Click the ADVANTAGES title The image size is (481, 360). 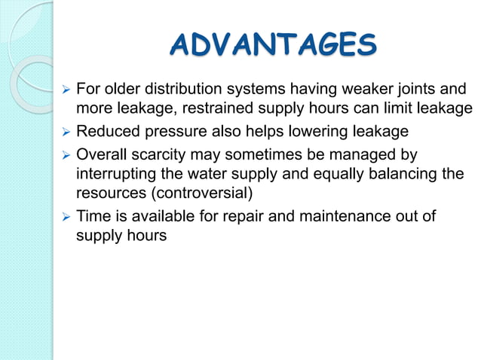273,45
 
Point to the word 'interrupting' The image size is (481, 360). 112,175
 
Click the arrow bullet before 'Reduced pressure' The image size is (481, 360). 65,133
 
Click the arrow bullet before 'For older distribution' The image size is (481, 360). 65,89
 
